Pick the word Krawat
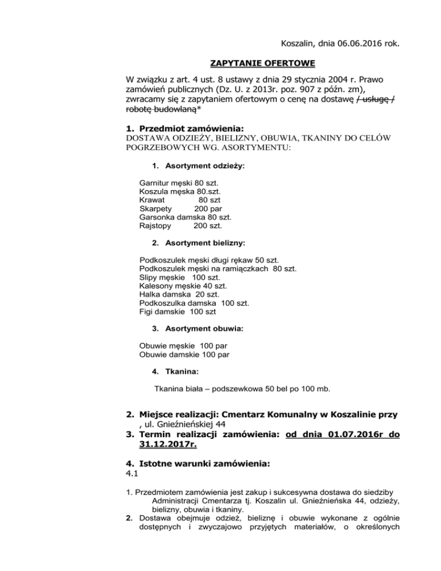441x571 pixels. [152, 200]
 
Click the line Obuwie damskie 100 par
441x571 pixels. [185, 354]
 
